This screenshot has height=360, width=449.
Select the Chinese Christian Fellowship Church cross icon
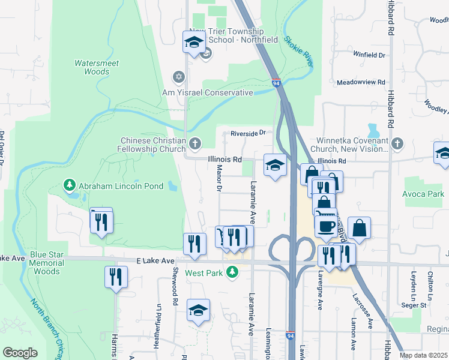pos(194,143)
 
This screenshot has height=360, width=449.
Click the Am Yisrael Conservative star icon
pos(178,77)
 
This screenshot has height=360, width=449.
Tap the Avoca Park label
pos(424,194)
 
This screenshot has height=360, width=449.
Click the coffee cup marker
pos(326,226)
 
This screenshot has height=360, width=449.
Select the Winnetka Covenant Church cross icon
pos(397,143)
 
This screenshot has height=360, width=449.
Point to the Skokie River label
pos(298,50)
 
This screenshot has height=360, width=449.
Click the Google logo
pos(20,353)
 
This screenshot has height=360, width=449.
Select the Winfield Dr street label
pos(369,55)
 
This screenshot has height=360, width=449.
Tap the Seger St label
pos(414,305)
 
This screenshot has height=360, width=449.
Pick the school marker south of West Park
pos(198,310)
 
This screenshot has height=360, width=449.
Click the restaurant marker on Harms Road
pos(116,277)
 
